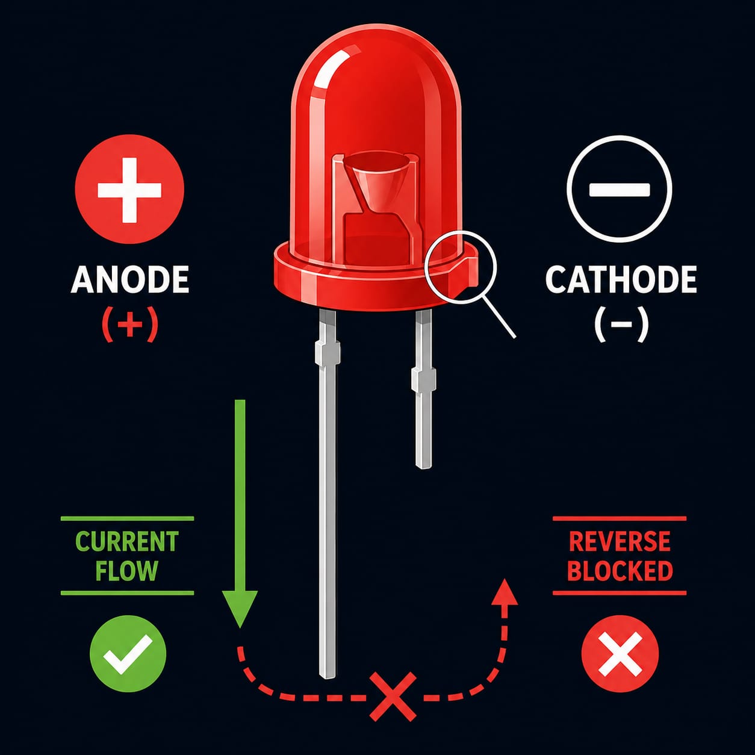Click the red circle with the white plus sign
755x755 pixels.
click(129, 189)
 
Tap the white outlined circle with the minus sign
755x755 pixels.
click(620, 189)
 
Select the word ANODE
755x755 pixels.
click(130, 279)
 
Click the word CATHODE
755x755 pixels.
click(621, 279)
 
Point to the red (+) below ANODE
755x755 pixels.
click(129, 324)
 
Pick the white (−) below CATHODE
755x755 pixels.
click(621, 324)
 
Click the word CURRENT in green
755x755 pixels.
click(126, 541)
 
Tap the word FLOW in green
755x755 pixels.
click(126, 571)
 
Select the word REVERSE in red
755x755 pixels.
click(620, 541)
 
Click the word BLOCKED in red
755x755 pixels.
click(620, 571)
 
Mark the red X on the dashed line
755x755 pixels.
click(393, 697)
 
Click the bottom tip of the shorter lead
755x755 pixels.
click(423, 465)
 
